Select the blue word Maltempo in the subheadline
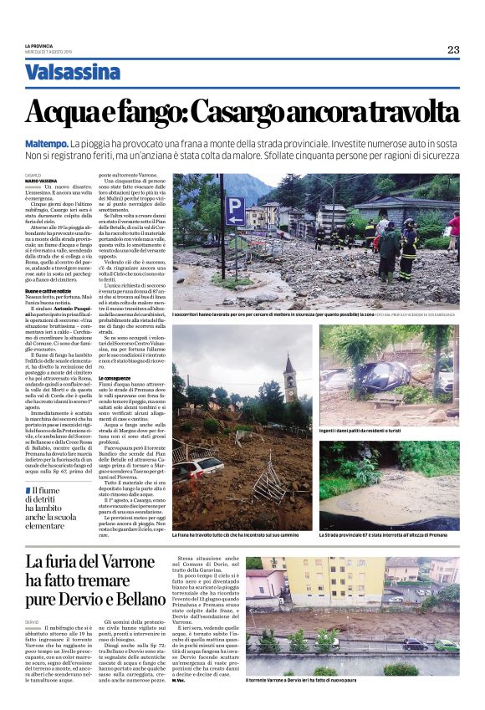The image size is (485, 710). [47, 144]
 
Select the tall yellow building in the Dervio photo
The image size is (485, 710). [350, 585]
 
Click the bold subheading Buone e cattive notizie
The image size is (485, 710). [47, 290]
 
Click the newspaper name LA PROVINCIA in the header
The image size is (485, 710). [39, 47]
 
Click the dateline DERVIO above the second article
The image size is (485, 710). [33, 622]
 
